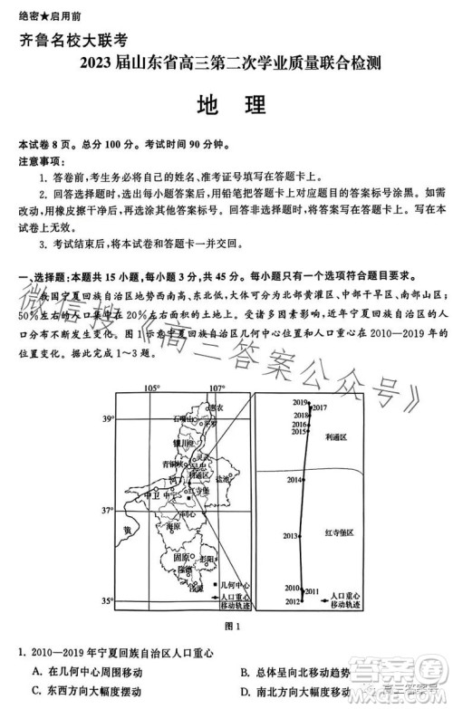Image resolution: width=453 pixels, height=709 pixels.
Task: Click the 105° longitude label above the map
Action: click(152, 388)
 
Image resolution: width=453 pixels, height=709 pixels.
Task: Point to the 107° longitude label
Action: click(217, 388)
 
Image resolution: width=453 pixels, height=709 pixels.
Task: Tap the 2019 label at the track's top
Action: click(301, 401)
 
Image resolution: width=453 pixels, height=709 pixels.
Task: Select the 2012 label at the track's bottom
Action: click(293, 601)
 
